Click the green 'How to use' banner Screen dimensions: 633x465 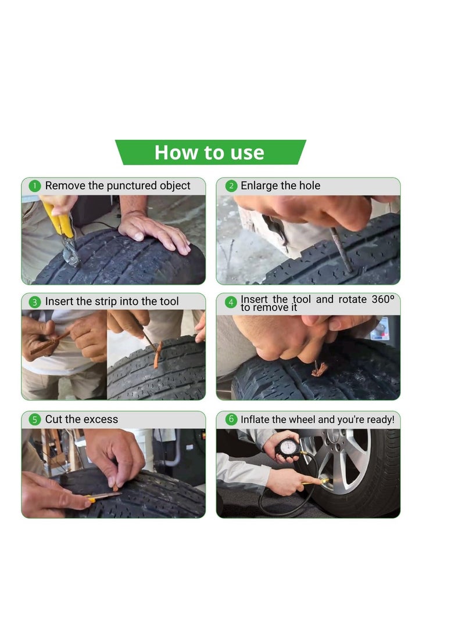tap(210, 153)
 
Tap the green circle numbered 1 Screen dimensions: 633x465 tap(34, 186)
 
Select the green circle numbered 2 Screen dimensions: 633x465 tap(231, 186)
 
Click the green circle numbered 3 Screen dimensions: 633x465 tap(34, 302)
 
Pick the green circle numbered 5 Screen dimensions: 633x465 tap(34, 419)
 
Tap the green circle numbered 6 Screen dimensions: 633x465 tap(231, 419)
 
